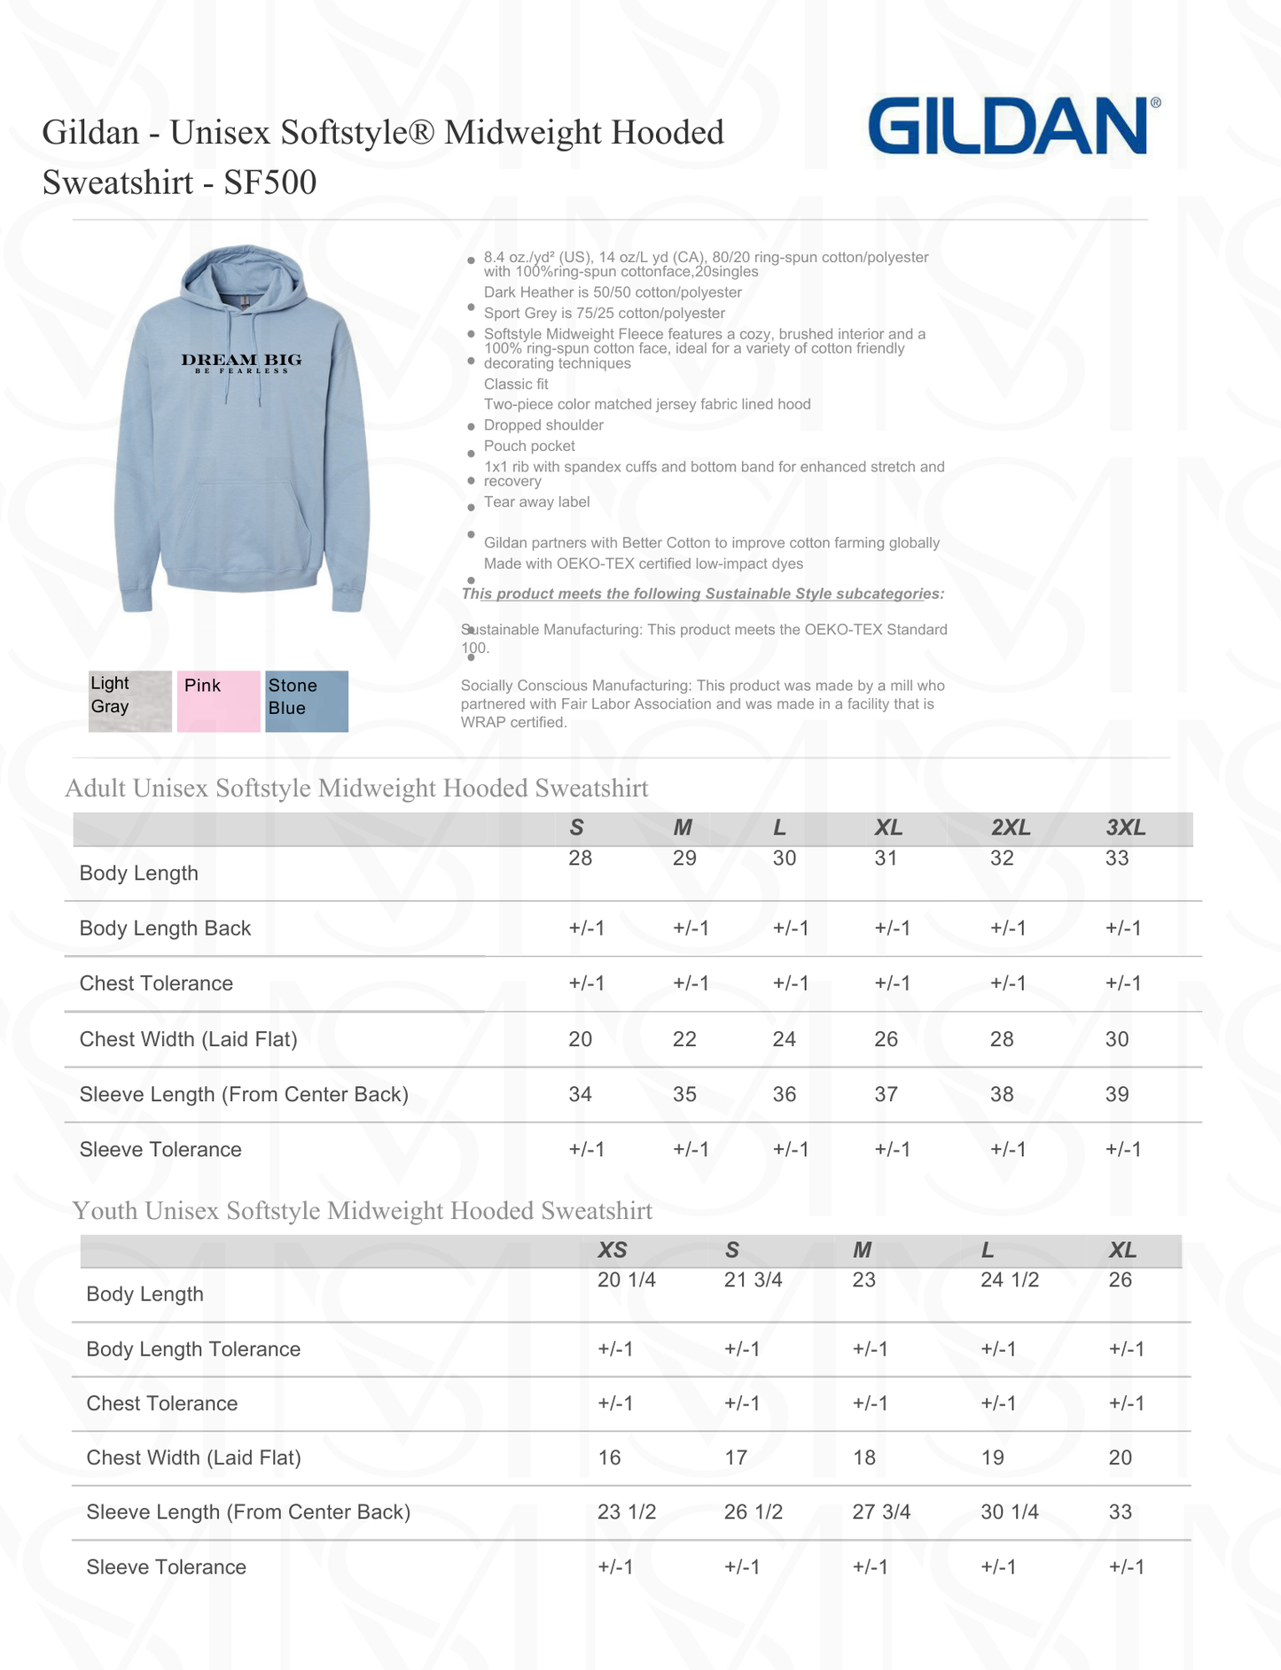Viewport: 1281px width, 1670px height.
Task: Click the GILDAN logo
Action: pyautogui.click(x=1009, y=127)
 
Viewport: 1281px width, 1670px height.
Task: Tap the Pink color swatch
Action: pyautogui.click(x=218, y=701)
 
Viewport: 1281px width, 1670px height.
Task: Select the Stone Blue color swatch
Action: pyautogui.click(x=307, y=701)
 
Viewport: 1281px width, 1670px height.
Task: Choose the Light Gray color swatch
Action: pyautogui.click(x=129, y=701)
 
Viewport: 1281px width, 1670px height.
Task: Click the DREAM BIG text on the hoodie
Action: pyautogui.click(x=241, y=361)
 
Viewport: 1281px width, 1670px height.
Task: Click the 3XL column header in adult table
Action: pyautogui.click(x=1125, y=827)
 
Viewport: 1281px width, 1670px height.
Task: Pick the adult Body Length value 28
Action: pyautogui.click(x=580, y=858)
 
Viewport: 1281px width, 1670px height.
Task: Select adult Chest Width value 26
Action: pyautogui.click(x=886, y=1039)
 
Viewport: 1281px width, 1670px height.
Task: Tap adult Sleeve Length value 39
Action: pyautogui.click(x=1116, y=1094)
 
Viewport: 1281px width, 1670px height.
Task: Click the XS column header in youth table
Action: pyautogui.click(x=612, y=1250)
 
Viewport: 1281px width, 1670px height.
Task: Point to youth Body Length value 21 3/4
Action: pyautogui.click(x=753, y=1279)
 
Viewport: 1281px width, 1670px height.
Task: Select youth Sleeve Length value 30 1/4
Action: pyautogui.click(x=1009, y=1511)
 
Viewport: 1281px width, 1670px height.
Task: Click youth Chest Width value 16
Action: pyautogui.click(x=609, y=1457)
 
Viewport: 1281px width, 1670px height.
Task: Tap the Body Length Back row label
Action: pyautogui.click(x=165, y=928)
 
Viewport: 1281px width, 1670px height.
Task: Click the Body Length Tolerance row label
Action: pyautogui.click(x=193, y=1348)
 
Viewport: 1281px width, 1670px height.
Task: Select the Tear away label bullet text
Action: pyautogui.click(x=536, y=502)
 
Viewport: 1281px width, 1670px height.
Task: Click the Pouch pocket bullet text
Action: pyautogui.click(x=529, y=446)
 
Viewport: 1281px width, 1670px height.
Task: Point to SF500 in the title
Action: pyautogui.click(x=269, y=183)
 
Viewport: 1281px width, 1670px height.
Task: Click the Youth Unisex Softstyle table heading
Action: pyautogui.click(x=362, y=1210)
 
